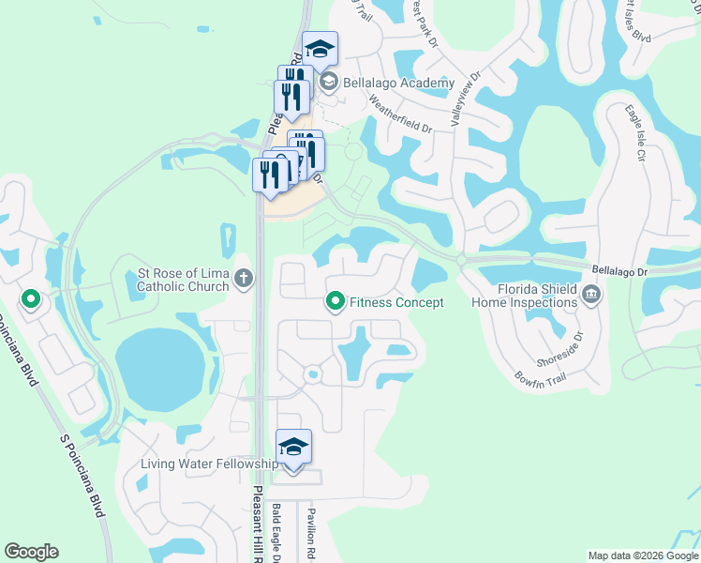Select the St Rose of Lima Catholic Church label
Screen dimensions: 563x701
pos(183,280)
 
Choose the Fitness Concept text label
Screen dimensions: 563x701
pos(396,302)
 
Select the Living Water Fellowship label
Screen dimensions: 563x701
pos(208,464)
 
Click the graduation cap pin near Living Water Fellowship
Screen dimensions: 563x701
pos(293,447)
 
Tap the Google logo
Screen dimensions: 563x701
pos(32,552)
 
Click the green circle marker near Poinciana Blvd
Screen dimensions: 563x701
pos(30,301)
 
